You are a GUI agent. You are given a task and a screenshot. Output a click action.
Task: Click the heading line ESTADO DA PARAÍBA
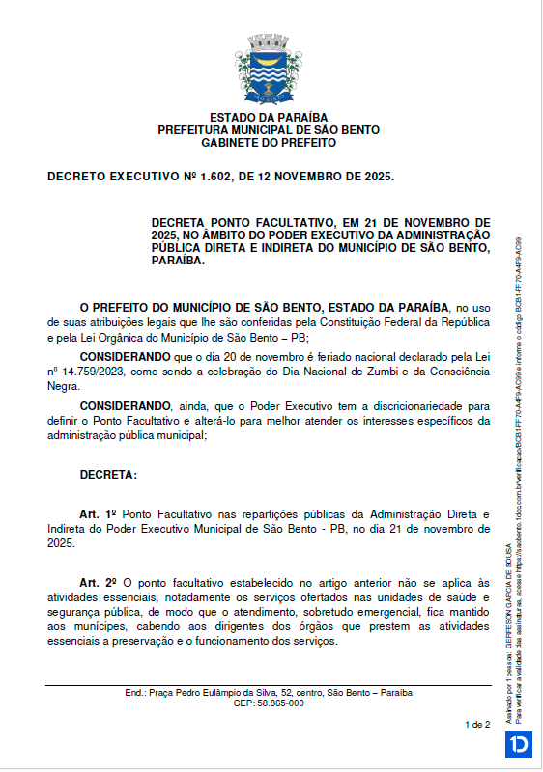[268, 118]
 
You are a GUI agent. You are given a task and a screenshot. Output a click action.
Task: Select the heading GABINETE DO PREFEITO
[268, 142]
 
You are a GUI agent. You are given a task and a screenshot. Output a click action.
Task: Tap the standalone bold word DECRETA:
[108, 475]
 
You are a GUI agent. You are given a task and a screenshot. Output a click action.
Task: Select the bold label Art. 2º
[98, 583]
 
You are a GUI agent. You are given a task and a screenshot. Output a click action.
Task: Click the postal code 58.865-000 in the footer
[269, 703]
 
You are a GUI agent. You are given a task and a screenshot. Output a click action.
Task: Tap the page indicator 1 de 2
[477, 723]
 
